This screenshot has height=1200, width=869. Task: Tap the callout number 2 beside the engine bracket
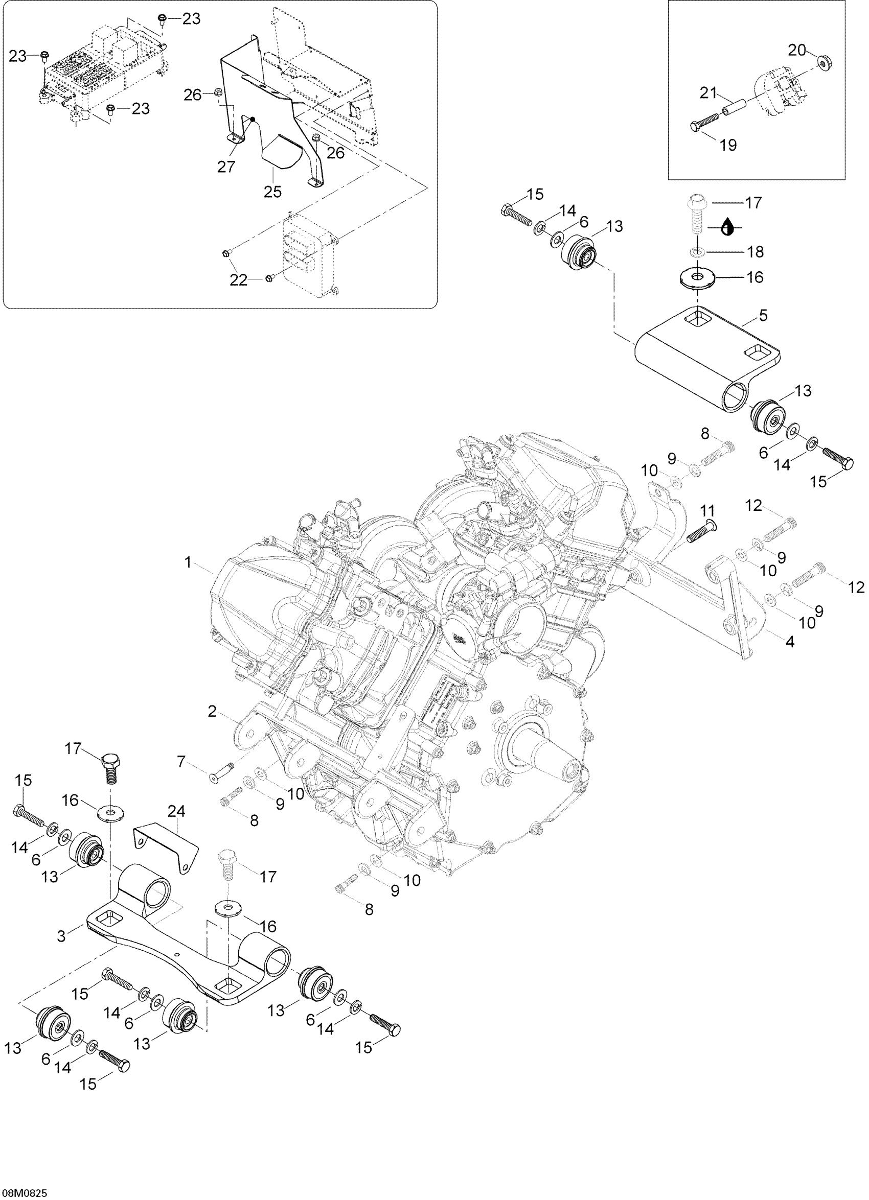point(212,712)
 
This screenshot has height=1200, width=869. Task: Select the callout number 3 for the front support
point(61,936)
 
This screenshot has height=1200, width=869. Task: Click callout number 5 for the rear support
point(763,315)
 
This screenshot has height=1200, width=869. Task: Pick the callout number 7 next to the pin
point(181,762)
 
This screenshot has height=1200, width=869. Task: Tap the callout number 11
point(707,511)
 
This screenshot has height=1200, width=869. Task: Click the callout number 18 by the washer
point(756,252)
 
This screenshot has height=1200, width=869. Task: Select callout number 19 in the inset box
point(728,145)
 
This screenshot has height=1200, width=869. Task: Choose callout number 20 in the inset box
point(796,51)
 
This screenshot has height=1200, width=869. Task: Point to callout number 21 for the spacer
point(708,92)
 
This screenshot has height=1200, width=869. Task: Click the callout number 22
point(238,280)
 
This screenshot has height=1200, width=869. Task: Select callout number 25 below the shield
point(273,191)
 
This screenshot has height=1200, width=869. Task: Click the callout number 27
point(226,167)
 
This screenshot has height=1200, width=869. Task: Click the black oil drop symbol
point(728,227)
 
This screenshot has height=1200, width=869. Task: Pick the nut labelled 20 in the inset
point(824,62)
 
